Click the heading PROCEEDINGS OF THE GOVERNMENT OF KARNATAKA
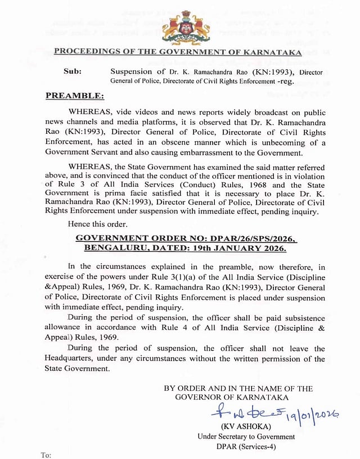(178, 52)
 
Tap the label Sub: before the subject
(72, 71)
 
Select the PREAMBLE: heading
(74, 96)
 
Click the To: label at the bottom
(47, 454)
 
